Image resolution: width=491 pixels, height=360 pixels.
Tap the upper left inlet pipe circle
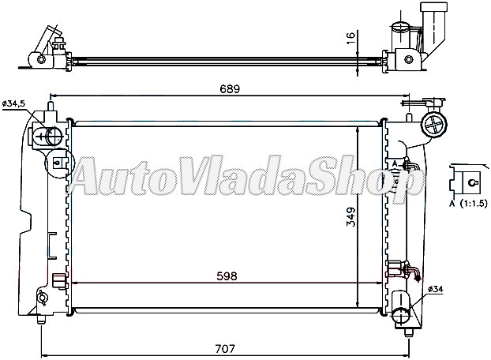click(51, 137)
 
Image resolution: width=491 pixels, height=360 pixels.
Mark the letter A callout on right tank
click(394, 163)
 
